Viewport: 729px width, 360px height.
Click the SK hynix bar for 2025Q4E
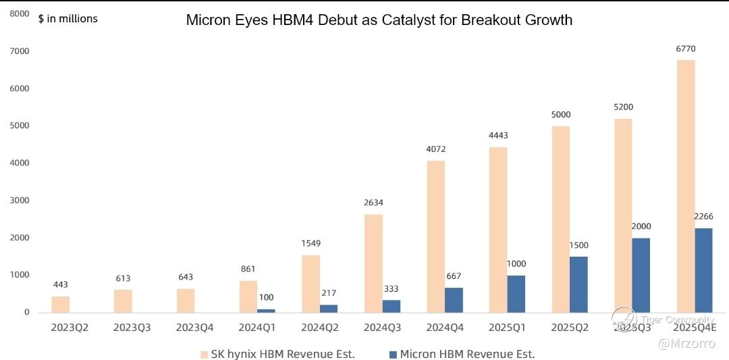pos(685,186)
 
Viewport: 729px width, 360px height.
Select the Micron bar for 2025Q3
pos(641,275)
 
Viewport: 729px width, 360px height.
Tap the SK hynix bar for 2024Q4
pos(435,236)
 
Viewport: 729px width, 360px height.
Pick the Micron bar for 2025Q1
pos(516,294)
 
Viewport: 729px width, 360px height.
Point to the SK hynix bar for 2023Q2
pos(61,304)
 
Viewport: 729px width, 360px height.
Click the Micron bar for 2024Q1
pos(266,310)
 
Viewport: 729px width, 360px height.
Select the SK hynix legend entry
pos(277,353)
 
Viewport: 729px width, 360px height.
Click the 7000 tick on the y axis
pos(19,51)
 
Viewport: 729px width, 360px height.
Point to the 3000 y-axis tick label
pos(19,201)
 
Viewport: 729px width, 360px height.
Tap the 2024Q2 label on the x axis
pos(320,328)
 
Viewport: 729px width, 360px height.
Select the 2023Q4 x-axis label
pos(195,328)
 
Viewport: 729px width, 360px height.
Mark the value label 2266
pos(703,217)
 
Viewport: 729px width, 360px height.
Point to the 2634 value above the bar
pos(373,203)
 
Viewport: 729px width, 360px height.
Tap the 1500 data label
pos(579,245)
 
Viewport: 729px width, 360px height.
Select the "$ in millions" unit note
pos(67,19)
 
